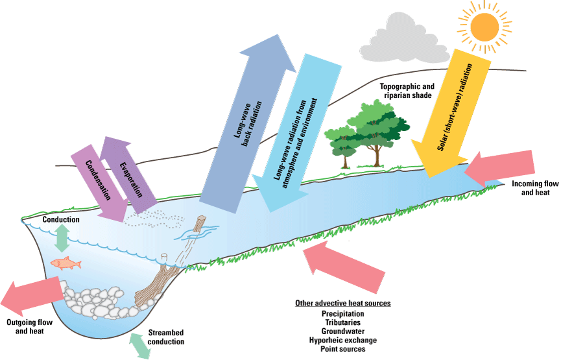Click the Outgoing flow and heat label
[x=28, y=327]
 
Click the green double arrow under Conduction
[x=62, y=238]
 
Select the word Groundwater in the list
[x=342, y=331]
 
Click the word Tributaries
[x=342, y=322]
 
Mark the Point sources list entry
[x=342, y=349]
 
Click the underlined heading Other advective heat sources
[x=342, y=303]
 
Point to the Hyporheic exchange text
[x=342, y=340]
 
